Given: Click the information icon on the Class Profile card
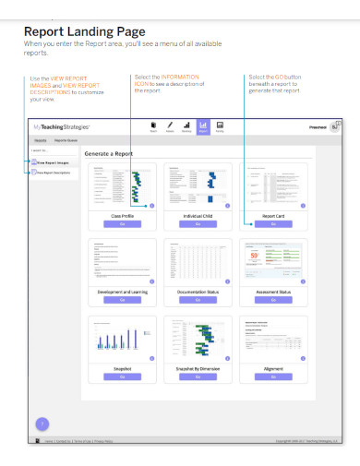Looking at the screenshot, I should point(151,206).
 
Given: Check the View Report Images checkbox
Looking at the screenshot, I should point(34,162).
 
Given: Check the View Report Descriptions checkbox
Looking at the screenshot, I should point(34,173).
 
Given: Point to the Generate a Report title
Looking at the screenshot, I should point(109,153).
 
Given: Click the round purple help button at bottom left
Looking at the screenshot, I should point(42,424).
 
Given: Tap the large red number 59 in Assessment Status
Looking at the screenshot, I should point(254,255).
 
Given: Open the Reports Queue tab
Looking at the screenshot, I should point(66,140).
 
